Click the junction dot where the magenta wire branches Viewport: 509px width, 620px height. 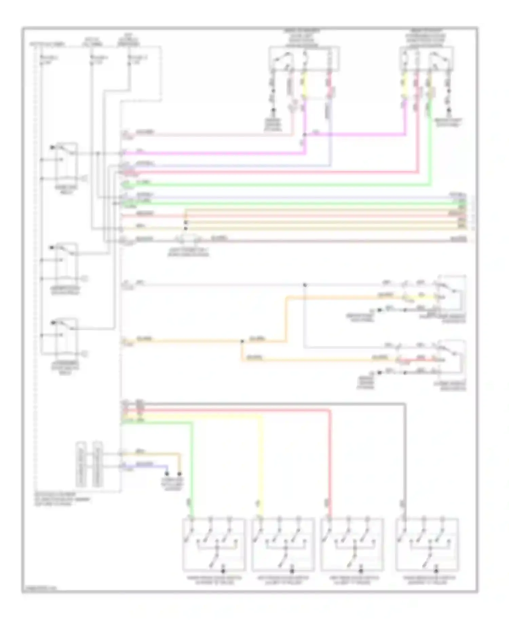304,135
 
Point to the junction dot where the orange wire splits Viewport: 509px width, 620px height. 242,341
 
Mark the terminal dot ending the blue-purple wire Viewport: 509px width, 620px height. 167,473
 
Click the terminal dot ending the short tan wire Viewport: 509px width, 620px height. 180,473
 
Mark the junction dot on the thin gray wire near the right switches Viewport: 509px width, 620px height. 305,285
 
